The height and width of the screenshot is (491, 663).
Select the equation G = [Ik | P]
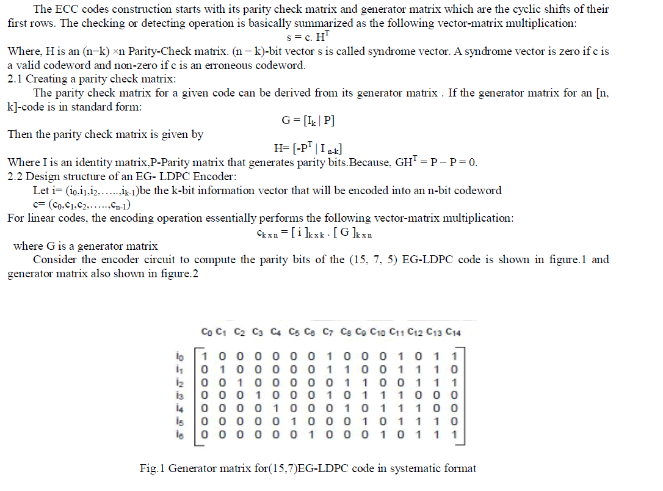coord(308,120)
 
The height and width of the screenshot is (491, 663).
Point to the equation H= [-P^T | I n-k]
coord(311,148)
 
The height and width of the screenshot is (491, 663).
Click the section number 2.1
coord(15,79)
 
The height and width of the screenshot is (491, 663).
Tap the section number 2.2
coord(15,176)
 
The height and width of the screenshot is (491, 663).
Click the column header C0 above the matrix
coord(206,333)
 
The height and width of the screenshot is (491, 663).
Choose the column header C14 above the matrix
coord(453,333)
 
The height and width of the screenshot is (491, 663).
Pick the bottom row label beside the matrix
coord(178,437)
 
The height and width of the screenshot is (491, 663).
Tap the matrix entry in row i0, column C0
coord(206,355)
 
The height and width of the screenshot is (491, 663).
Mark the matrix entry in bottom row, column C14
coord(453,437)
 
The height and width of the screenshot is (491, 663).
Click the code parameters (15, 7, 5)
coord(372,260)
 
